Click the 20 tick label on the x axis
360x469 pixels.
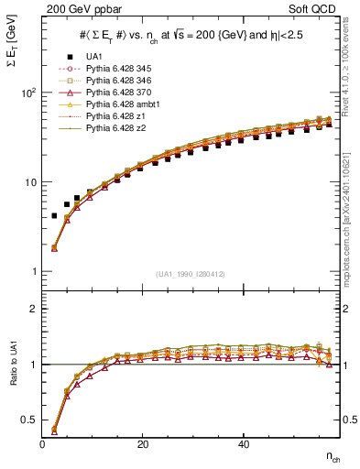pyautogui.click(x=143, y=444)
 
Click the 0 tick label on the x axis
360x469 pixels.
pyautogui.click(x=43, y=444)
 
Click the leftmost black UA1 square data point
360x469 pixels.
pyautogui.click(x=54, y=216)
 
